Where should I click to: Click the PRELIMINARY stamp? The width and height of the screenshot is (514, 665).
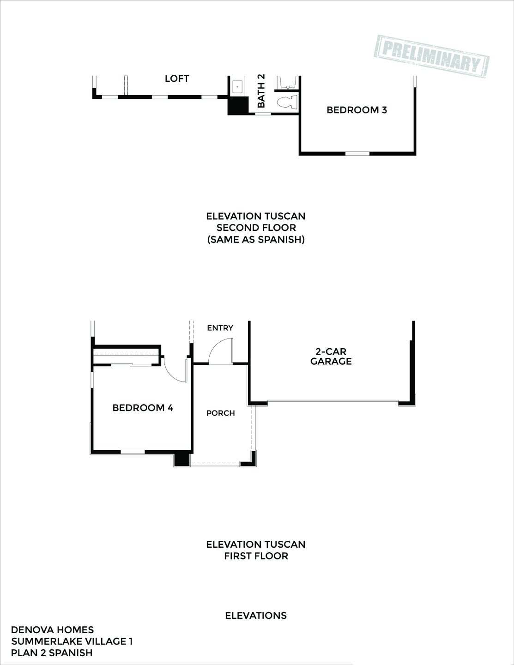pos(431,55)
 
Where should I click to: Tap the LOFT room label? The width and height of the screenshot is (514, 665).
pos(177,79)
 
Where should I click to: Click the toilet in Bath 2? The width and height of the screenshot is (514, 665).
pos(286,102)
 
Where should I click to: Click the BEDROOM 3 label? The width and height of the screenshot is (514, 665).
pos(357,110)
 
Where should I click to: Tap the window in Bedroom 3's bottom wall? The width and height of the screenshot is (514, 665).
pos(357,153)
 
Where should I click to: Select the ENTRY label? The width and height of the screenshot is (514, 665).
pos(220,328)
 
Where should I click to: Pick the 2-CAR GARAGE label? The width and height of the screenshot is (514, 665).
pos(331,357)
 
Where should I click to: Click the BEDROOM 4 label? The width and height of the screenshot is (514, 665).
pos(143,408)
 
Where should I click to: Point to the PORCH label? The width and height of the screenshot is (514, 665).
pos(220,413)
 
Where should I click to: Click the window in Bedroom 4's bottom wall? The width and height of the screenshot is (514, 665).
pos(133,451)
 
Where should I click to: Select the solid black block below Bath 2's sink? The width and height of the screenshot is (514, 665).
pos(238,106)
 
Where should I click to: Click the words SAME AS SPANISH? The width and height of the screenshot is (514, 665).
pos(256,240)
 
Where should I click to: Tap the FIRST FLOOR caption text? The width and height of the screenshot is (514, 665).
pos(256,556)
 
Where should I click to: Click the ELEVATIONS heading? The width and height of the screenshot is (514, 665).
pos(256,616)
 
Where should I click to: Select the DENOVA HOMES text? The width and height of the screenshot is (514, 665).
pos(52,630)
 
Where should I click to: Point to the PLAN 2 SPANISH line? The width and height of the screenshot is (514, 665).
pos(52,653)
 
